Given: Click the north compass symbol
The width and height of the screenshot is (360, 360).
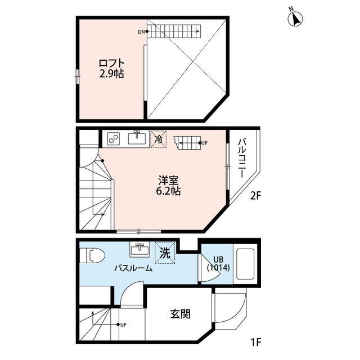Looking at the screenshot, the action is pyautogui.click(x=295, y=19).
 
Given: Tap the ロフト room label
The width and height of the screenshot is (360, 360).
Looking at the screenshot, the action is pyautogui.click(x=111, y=63).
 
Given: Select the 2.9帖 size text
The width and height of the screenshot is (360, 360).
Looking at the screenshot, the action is pyautogui.click(x=111, y=74).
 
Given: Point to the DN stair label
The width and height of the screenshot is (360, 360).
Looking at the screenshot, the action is pyautogui.click(x=141, y=32).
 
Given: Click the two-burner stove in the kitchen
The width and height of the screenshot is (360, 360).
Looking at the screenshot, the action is pyautogui.click(x=114, y=139).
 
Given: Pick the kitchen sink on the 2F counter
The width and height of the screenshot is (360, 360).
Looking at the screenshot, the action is pyautogui.click(x=137, y=138).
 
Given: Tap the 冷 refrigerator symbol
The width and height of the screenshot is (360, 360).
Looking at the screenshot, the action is pyautogui.click(x=158, y=139).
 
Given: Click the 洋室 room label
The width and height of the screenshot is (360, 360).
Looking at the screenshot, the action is pyautogui.click(x=168, y=181).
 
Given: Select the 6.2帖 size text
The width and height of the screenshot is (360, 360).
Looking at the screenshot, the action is pyautogui.click(x=168, y=191).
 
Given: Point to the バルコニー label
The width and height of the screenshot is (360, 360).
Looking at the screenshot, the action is pyautogui.click(x=242, y=158).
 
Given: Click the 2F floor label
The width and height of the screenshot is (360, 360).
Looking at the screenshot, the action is pyautogui.click(x=255, y=196).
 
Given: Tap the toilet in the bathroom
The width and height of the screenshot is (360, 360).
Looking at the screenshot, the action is pyautogui.click(x=92, y=255).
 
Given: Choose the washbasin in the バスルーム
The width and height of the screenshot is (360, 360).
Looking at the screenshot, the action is pyautogui.click(x=139, y=249).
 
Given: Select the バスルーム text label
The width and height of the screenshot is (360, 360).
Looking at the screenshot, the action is pyautogui.click(x=134, y=268).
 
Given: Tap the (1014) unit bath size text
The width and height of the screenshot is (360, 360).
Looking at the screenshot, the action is pyautogui.click(x=218, y=268).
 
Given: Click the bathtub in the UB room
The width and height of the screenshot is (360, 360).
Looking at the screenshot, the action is pyautogui.click(x=245, y=264).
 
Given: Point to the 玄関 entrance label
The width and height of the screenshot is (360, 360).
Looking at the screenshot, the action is pyautogui.click(x=181, y=314).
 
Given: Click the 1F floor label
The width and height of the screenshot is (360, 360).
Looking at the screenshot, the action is pyautogui.click(x=256, y=343).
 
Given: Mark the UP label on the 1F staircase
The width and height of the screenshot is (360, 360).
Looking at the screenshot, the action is pyautogui.click(x=123, y=325).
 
